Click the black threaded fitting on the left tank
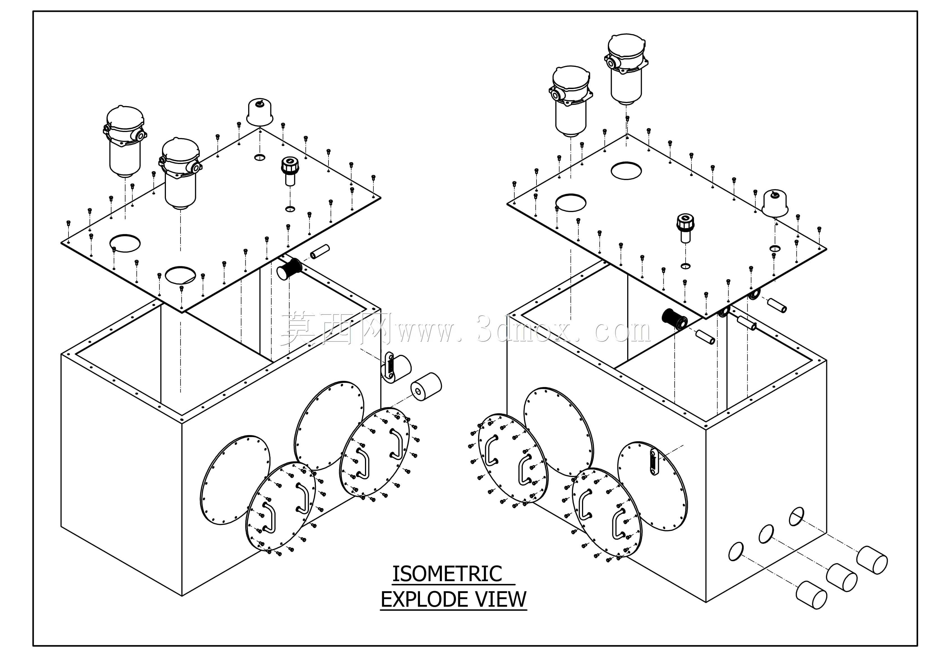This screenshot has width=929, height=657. (289, 269)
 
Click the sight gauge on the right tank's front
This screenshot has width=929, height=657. (654, 462)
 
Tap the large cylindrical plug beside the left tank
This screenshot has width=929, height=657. (426, 387)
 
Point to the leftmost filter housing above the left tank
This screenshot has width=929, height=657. (124, 142)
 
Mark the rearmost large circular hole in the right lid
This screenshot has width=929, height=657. (626, 170)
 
